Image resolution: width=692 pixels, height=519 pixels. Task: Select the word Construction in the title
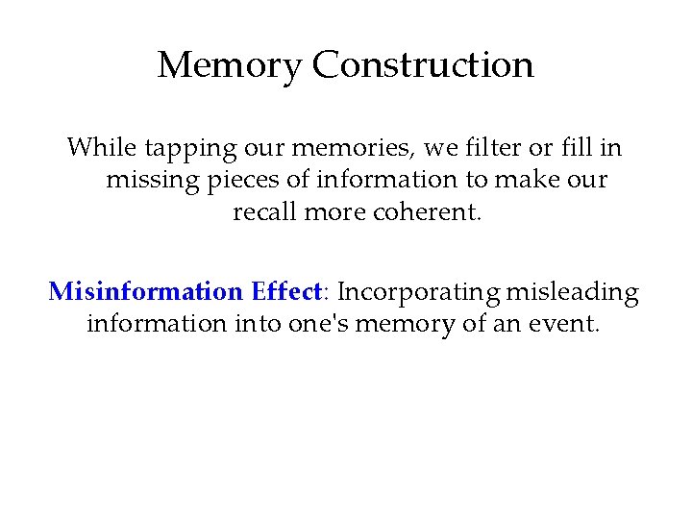coord(423,65)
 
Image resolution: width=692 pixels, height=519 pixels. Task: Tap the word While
coord(102,148)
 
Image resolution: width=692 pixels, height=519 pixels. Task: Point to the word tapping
coord(187,150)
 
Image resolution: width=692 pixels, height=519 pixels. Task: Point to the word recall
coord(265,211)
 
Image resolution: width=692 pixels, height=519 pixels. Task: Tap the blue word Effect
coord(285,291)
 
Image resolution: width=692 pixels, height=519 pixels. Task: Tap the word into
coord(258,324)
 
